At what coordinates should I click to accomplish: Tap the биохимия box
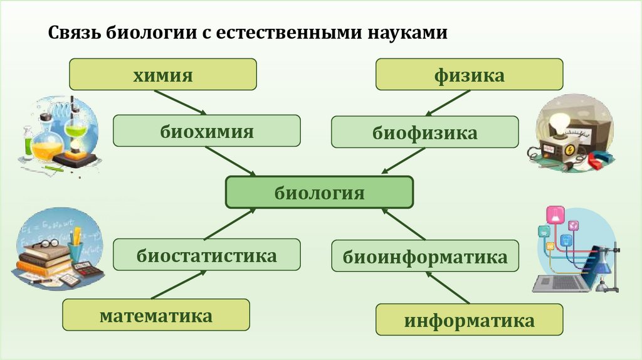(x=206, y=131)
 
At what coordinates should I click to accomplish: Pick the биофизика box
(x=424, y=132)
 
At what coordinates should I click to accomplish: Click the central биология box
(x=319, y=192)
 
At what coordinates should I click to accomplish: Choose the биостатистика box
(x=206, y=255)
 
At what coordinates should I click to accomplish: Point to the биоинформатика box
(x=424, y=256)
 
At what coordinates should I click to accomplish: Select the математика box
(x=155, y=315)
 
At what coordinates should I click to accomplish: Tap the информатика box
(x=469, y=320)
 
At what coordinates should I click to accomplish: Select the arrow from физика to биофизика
(x=448, y=103)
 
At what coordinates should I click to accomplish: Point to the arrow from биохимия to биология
(x=232, y=161)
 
